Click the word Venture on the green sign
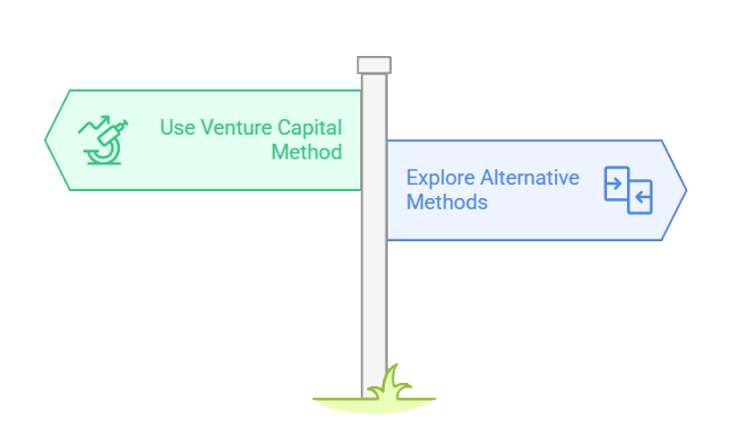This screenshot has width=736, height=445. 233,128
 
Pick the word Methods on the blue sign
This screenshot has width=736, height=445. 447,203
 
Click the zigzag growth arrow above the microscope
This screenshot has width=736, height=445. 94,126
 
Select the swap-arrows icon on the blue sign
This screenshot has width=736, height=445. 629,191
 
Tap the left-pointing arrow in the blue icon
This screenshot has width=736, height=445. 641,199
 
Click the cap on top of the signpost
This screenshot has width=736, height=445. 374,65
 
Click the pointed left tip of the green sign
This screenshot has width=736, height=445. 47,139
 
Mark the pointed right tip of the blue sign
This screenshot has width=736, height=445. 685,190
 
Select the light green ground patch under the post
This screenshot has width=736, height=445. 374,403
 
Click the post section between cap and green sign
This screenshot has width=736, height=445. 374,82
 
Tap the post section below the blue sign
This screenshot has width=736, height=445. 374,305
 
